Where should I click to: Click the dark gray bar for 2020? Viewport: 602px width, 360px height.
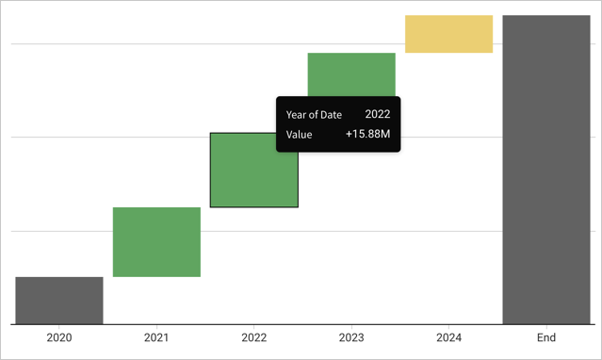[x=59, y=300]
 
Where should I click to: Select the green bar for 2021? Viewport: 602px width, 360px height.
[x=156, y=241]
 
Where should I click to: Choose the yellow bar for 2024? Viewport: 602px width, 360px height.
[x=448, y=34]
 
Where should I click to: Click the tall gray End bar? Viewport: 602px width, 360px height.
[x=545, y=170]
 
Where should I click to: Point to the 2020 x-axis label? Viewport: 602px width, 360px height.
[x=59, y=337]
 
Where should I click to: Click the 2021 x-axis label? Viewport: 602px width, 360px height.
[x=156, y=337]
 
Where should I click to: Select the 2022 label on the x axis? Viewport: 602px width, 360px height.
[x=253, y=337]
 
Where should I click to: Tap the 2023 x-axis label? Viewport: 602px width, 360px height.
[x=351, y=337]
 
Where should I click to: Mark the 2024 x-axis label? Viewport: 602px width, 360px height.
[x=448, y=337]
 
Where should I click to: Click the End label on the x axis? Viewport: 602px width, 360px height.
[x=545, y=337]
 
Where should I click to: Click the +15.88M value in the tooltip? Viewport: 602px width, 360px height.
[x=367, y=135]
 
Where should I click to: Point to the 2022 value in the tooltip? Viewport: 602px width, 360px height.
[x=378, y=114]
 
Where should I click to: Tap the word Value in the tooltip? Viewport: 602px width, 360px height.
[x=299, y=135]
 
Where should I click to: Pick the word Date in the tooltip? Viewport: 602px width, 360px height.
[x=330, y=114]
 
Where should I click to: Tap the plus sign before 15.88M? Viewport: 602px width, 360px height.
[x=349, y=135]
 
